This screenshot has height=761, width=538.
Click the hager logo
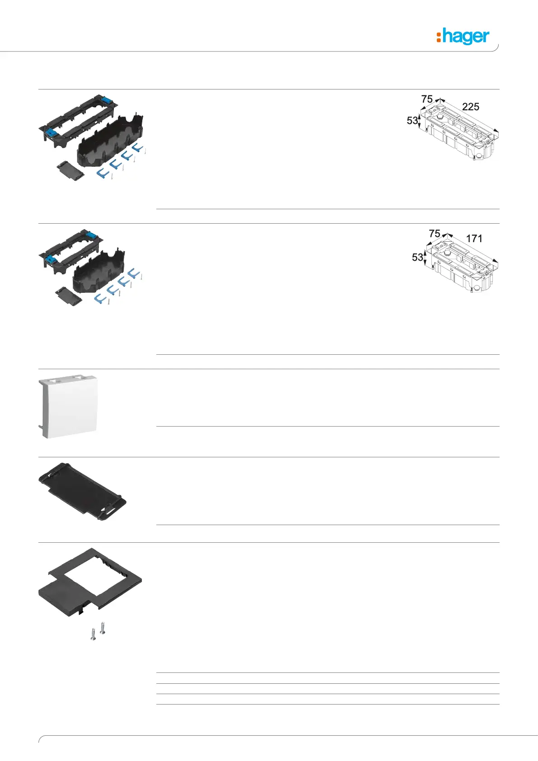(x=463, y=36)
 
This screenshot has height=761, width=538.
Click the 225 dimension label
(x=470, y=107)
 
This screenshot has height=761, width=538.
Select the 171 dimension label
(x=474, y=239)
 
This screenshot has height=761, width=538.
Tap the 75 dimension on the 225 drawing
(x=427, y=99)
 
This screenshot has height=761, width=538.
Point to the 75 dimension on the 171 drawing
(x=434, y=233)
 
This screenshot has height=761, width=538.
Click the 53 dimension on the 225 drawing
(x=412, y=121)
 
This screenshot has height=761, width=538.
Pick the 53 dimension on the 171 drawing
(x=417, y=257)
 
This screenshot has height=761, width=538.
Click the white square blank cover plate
(x=70, y=406)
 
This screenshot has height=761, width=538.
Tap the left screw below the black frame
(x=93, y=634)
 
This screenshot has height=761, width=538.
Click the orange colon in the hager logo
(x=438, y=37)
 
